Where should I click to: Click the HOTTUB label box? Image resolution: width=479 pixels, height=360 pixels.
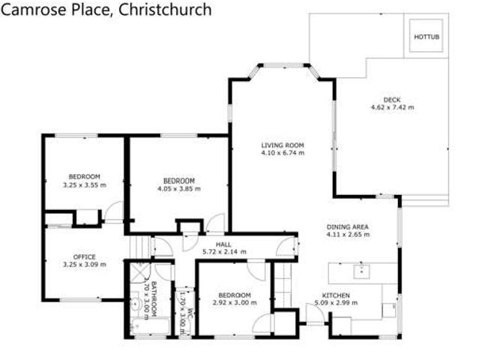(424, 35)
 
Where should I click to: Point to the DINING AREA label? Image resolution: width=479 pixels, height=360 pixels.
(349, 226)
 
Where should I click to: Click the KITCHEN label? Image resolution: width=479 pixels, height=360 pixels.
(335, 295)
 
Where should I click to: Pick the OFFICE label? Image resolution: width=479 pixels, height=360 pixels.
(84, 256)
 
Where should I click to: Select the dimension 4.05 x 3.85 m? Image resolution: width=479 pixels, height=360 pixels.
(179, 189)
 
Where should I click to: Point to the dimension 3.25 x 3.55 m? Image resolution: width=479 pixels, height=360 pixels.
(84, 184)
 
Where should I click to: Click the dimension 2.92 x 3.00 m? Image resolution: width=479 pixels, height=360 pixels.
(230, 303)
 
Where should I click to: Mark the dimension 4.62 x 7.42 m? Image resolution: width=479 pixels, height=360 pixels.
(392, 107)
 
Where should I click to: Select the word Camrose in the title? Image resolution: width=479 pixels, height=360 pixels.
(33, 10)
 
